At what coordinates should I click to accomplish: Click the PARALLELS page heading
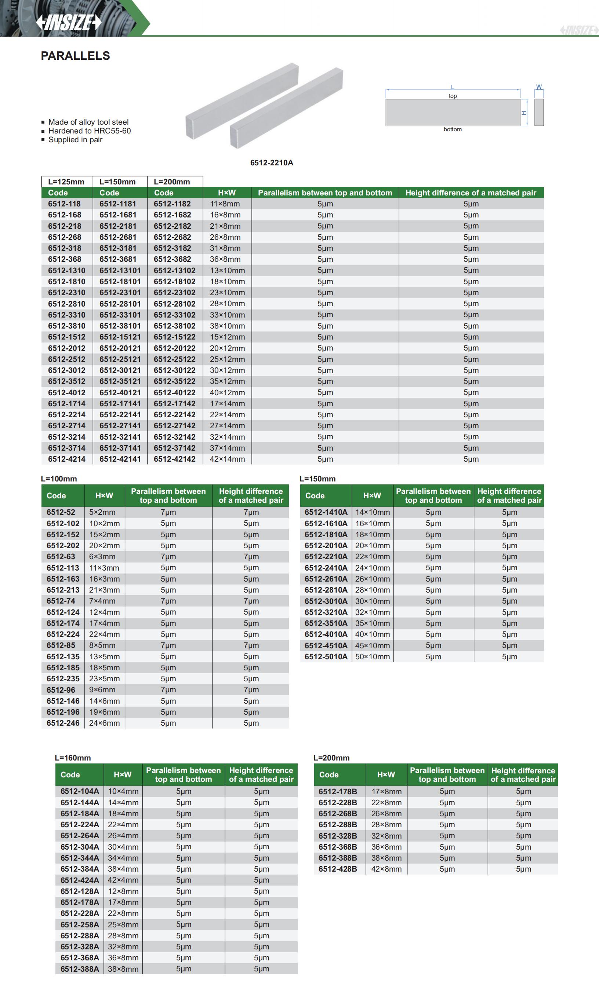[76, 56]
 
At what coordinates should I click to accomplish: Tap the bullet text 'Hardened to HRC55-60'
[89, 131]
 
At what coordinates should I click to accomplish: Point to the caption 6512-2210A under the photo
[272, 163]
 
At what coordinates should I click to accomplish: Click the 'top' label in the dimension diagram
[453, 96]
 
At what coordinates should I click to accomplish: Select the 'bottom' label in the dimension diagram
[453, 129]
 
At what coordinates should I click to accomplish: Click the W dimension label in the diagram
[539, 87]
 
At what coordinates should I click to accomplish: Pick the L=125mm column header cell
[66, 182]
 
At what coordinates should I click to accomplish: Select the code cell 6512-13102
[174, 270]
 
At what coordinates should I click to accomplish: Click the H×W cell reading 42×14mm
[227, 459]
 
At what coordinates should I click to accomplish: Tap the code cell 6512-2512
[66, 359]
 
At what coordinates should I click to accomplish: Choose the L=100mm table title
[59, 479]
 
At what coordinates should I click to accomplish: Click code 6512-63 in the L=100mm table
[61, 557]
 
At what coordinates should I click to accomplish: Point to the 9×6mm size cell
[102, 689]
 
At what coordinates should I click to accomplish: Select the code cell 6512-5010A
[326, 656]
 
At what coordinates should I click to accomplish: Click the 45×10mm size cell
[372, 645]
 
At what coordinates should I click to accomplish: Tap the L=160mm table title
[73, 758]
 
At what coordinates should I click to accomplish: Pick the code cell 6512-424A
[80, 880]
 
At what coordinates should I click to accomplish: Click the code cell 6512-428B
[338, 869]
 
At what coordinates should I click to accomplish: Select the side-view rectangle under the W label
[539, 112]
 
